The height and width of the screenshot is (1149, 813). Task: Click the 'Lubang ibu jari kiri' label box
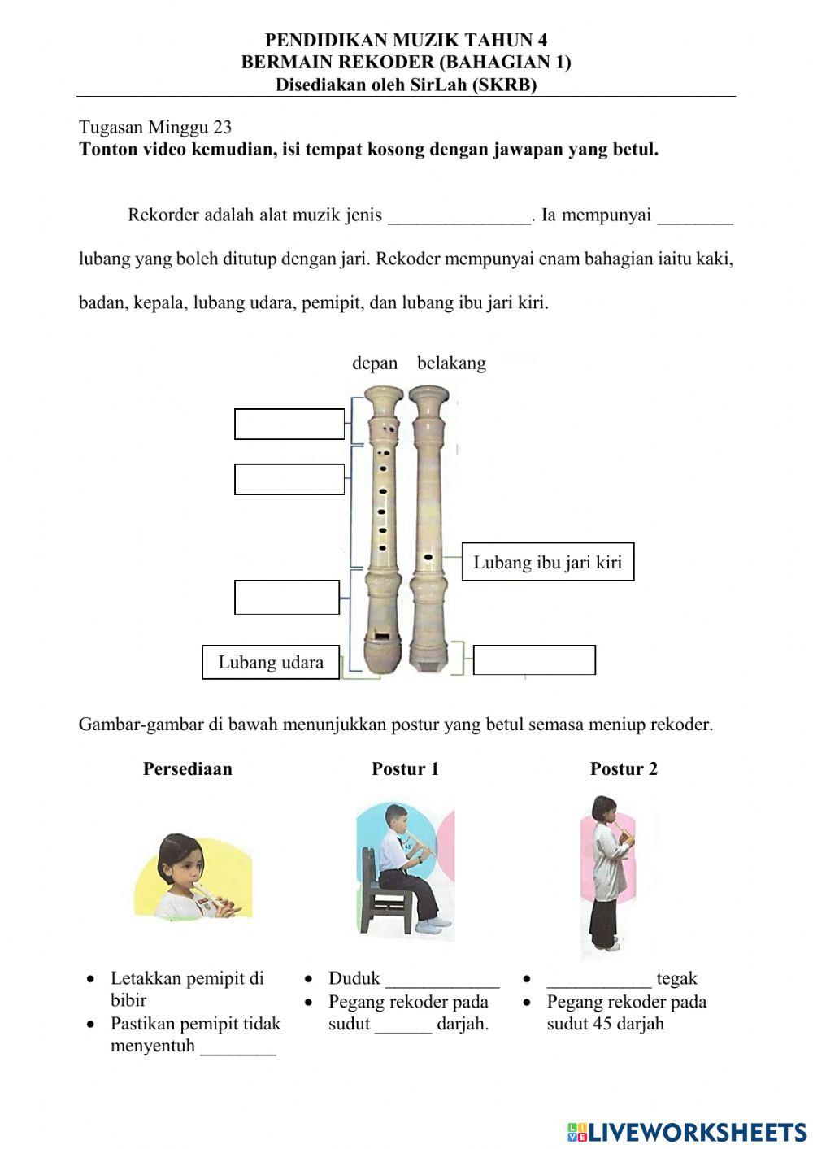click(x=547, y=562)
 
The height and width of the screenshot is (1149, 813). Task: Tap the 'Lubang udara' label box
click(x=271, y=662)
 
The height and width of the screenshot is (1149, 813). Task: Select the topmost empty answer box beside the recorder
click(x=289, y=424)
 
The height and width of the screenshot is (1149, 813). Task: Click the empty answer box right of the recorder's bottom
click(x=534, y=659)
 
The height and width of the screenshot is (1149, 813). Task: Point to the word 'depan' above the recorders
click(x=375, y=363)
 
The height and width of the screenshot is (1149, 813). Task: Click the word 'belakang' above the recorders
click(x=451, y=363)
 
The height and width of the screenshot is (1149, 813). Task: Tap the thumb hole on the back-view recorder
click(x=428, y=557)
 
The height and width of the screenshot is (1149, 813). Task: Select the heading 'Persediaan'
click(x=187, y=768)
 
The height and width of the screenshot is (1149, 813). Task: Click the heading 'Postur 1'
click(x=405, y=768)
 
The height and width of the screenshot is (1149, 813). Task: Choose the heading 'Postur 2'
click(x=624, y=768)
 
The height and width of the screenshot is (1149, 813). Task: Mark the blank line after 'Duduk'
click(x=442, y=981)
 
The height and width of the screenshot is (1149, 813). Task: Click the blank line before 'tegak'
click(x=598, y=981)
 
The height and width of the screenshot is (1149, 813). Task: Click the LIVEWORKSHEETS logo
click(x=687, y=1131)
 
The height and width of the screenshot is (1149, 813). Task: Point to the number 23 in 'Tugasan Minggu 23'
click(x=222, y=128)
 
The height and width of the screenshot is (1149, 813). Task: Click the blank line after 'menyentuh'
click(x=238, y=1048)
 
